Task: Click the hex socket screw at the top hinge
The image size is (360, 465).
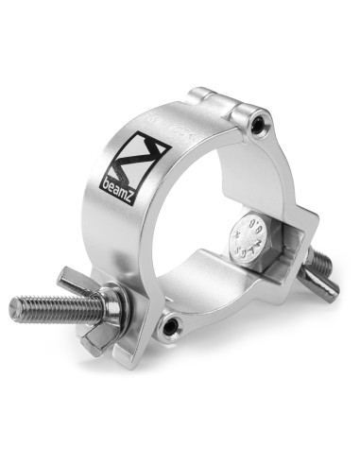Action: pos(259,124)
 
